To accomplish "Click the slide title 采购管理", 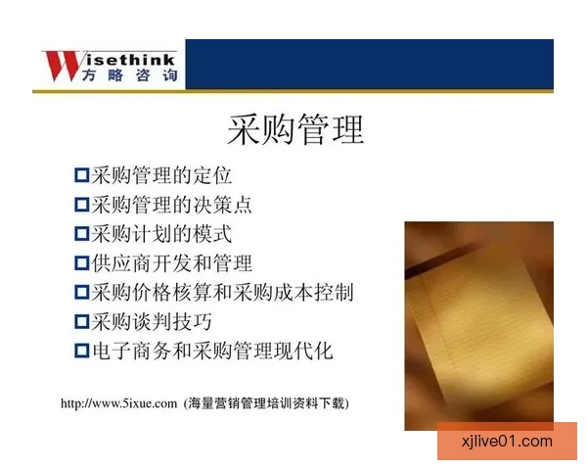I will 294,129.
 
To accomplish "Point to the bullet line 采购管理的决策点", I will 172,206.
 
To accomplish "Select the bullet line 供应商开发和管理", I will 172,263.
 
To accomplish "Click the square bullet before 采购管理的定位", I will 81,176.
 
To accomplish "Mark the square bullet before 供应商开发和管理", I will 81,263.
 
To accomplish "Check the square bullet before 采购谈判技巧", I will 81,321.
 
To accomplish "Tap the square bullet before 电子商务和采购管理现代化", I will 81,351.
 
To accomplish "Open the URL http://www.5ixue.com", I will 118,402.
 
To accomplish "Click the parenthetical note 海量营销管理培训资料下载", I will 266,402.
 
